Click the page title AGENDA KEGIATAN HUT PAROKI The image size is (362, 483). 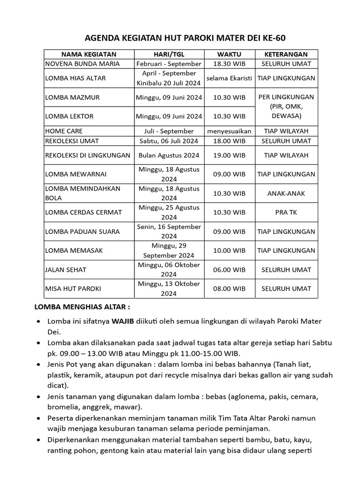coord(181,38)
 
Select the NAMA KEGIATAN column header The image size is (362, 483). coord(89,54)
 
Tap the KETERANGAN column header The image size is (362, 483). coord(286,54)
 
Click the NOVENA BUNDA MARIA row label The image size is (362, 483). coord(82,64)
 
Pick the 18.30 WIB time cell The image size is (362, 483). coord(229,64)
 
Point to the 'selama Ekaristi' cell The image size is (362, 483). coord(229,78)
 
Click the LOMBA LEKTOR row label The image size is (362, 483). coord(69,116)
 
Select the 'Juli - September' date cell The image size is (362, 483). coord(169,131)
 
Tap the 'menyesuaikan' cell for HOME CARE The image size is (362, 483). coord(229,131)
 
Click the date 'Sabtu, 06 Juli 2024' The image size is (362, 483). coord(169,141)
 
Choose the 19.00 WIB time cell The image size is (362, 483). coord(229,155)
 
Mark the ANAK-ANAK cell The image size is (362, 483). coord(286,193)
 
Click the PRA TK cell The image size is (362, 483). coord(286,212)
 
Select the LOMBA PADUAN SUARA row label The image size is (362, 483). coord(82,232)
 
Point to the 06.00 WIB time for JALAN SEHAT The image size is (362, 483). coord(229,270)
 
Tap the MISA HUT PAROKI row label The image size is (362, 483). coord(73,289)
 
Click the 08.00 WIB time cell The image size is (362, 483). coord(229,289)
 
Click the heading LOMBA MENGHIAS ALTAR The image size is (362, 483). coord(82,307)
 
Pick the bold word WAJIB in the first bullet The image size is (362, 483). coord(123,321)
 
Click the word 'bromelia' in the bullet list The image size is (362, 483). coord(63,407)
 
